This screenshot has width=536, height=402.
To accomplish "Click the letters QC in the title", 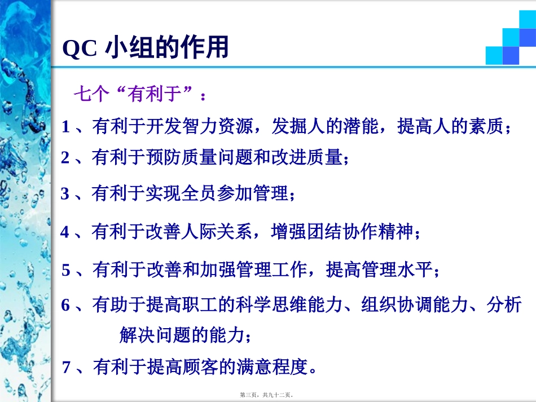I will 80,50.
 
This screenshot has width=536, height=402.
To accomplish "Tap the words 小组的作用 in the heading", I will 167,48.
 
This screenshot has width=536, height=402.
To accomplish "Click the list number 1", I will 65,127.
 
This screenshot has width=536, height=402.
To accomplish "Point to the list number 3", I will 65,194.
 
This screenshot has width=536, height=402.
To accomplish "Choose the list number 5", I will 66,270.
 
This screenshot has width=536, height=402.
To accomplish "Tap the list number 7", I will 67,367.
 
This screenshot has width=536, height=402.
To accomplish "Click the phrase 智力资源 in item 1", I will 217,126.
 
